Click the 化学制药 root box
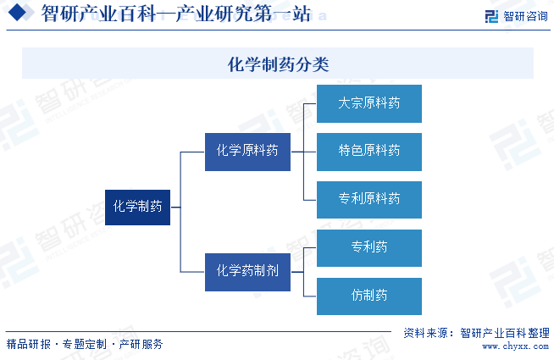coord(137,208)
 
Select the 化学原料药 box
coord(247,152)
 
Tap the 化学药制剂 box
coord(247,272)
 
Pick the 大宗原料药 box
coord(369,103)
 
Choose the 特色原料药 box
coord(369,152)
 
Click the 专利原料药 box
coord(369,200)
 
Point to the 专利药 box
coord(369,248)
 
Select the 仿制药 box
coord(369,296)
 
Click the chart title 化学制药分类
coord(278,64)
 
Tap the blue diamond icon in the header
coord(17,13)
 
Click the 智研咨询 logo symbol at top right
coord(491,16)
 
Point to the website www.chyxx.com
coord(516,346)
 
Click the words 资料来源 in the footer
coord(426,333)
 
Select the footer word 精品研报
coord(29,344)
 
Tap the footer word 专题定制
coord(85,344)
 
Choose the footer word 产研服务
coord(141,344)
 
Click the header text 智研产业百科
coord(98,14)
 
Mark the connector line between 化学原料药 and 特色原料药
coord(303,152)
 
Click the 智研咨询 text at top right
coord(525,16)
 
